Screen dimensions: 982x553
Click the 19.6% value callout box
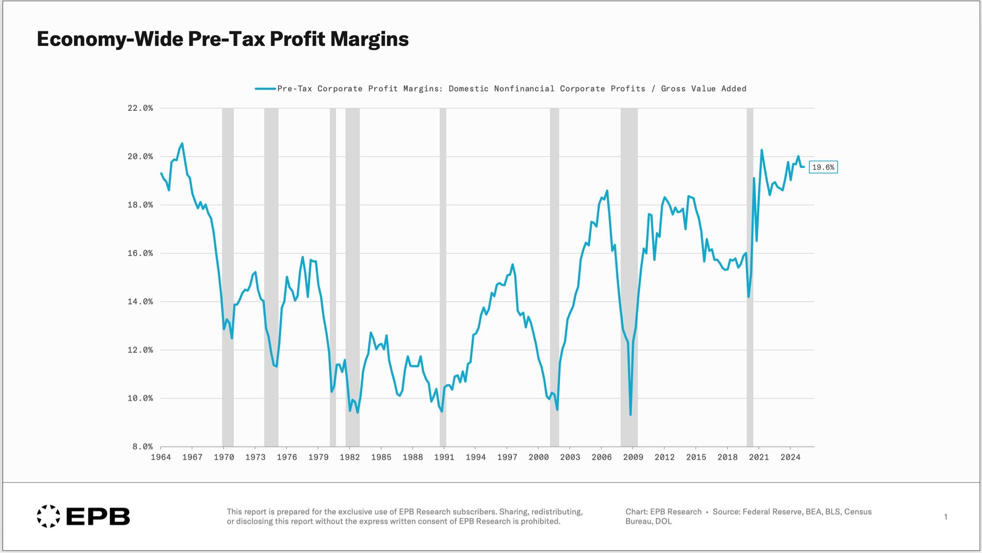pos(823,167)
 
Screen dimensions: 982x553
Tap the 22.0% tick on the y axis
pos(140,108)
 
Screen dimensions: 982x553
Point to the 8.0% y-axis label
pos(142,447)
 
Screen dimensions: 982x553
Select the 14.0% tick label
pos(140,302)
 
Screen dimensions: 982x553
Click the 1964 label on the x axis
pos(161,457)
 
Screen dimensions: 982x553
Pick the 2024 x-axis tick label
pos(790,457)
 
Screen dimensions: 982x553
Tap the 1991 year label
pos(444,457)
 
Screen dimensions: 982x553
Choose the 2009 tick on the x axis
pos(633,457)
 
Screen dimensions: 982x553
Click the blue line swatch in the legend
pos(265,89)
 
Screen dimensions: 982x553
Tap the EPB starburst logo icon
pos(48,516)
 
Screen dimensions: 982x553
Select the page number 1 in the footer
pos(946,517)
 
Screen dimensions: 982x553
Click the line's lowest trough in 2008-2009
pos(631,415)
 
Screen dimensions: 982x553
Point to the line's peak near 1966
pos(182,143)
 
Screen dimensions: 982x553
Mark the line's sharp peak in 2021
pos(761,150)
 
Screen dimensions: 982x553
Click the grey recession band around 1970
pos(228,277)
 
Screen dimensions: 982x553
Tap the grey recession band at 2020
pos(750,277)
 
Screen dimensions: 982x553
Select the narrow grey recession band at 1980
pos(333,277)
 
